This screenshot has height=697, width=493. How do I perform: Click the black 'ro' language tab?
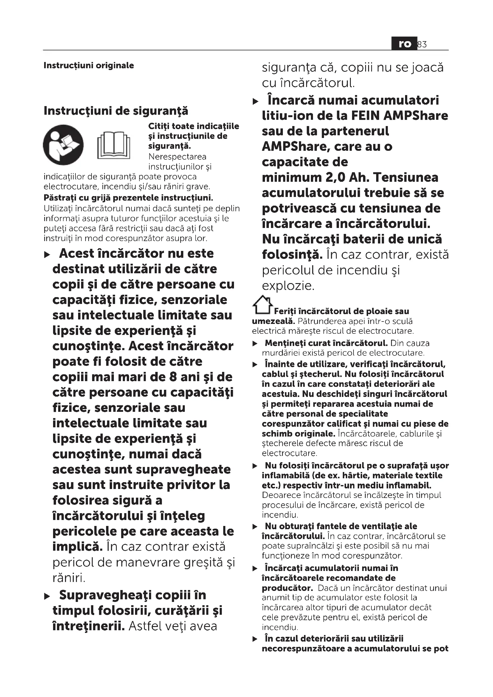tap(404, 44)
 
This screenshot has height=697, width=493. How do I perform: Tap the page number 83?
tap(422, 45)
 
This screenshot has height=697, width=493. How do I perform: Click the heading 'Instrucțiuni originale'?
tap(89, 65)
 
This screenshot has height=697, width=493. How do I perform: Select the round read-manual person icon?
tap(63, 145)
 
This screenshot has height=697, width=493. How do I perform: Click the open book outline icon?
tap(114, 145)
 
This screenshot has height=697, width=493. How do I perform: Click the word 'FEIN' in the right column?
tap(365, 116)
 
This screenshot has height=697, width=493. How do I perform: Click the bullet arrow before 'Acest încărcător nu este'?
tap(47, 254)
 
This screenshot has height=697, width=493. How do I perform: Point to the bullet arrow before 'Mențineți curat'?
tap(255, 344)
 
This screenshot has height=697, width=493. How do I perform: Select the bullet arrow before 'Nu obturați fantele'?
tap(255, 527)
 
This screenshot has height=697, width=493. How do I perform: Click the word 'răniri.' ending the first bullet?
tap(69, 578)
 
